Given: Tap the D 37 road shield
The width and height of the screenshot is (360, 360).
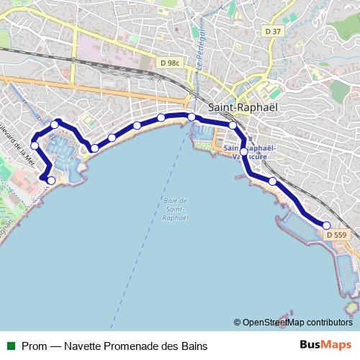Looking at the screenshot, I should point(273,31).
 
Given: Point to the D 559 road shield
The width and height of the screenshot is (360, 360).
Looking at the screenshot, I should point(336,235).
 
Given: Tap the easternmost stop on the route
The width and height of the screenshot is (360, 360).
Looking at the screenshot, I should point(326,225).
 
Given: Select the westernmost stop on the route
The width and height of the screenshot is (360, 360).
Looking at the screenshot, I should point(35,146).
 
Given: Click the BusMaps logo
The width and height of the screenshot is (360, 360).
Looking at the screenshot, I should point(325,346).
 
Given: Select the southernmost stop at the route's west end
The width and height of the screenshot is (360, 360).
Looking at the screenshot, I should point(50,180).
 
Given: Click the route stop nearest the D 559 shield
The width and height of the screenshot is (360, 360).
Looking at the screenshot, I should point(326,225).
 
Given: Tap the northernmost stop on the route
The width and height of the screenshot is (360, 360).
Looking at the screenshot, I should point(192,117).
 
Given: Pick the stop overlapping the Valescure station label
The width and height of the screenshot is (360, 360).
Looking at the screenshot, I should point(243,152).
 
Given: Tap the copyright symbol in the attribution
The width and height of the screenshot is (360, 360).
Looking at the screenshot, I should point(237,323).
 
